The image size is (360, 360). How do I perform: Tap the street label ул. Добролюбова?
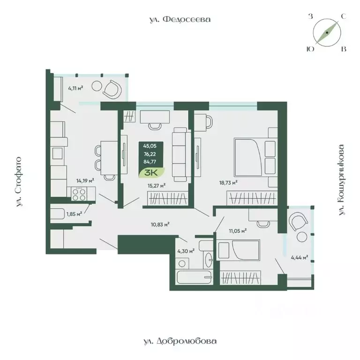coord(180,341)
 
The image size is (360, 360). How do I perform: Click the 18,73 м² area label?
coord(228,182)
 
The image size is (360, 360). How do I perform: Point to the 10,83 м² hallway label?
coord(160,225)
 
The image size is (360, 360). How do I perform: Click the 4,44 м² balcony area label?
coord(299,257)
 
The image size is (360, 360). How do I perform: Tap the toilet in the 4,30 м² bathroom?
coord(205,246)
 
